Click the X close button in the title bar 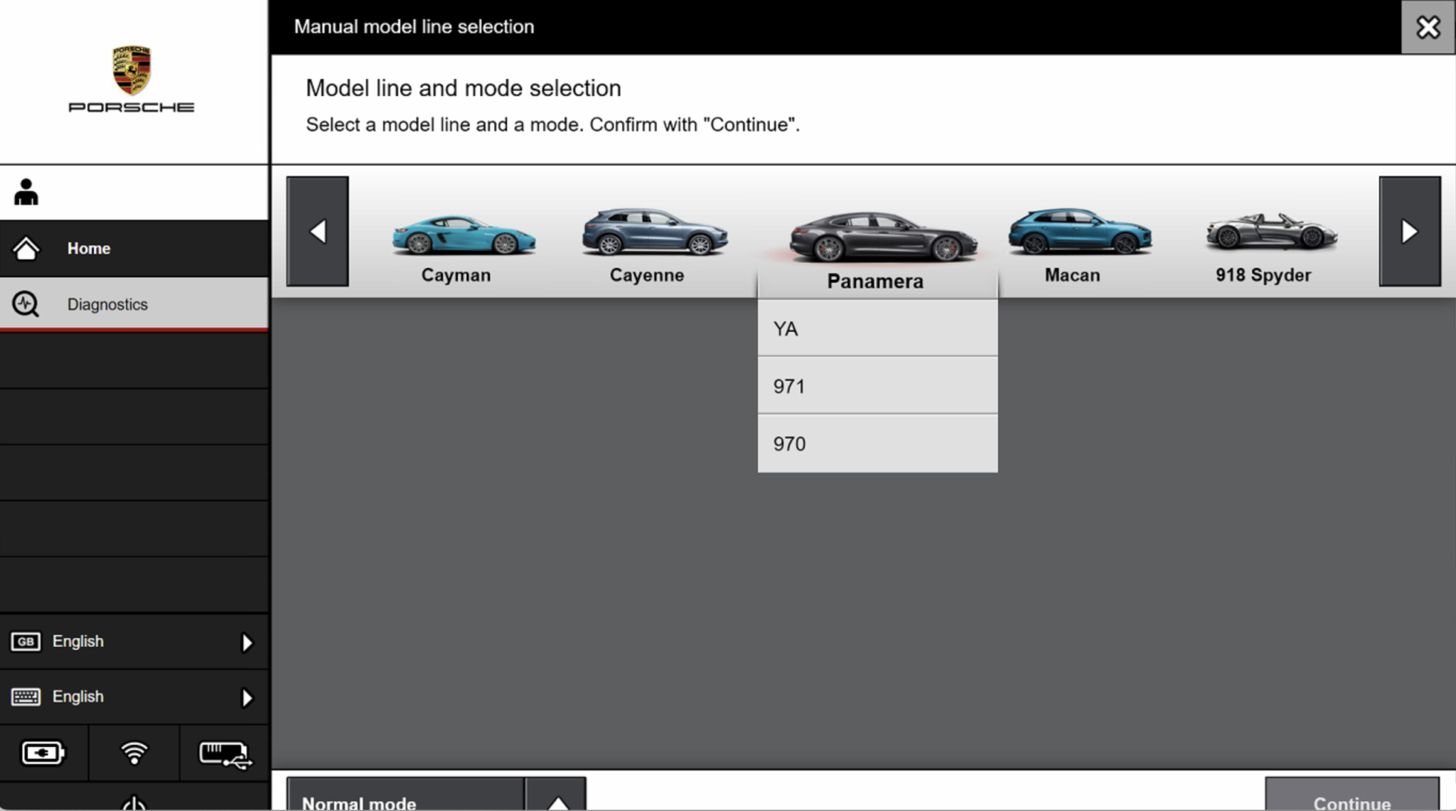click(x=1428, y=27)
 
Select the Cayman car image click(x=464, y=235)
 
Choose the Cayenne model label click(x=646, y=275)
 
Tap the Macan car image click(x=1079, y=231)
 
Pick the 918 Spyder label click(x=1263, y=275)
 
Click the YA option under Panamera click(x=877, y=329)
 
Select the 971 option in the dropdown click(x=877, y=387)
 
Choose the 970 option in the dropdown click(x=877, y=444)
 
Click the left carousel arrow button click(x=317, y=231)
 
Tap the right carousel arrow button click(x=1409, y=231)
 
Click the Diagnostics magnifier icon click(x=26, y=304)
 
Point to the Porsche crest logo click(x=132, y=70)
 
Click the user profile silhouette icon click(x=26, y=192)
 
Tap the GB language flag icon click(x=26, y=641)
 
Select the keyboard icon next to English click(x=26, y=697)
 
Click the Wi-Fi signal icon click(x=134, y=753)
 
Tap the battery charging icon click(x=43, y=753)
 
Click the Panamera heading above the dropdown click(x=875, y=281)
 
